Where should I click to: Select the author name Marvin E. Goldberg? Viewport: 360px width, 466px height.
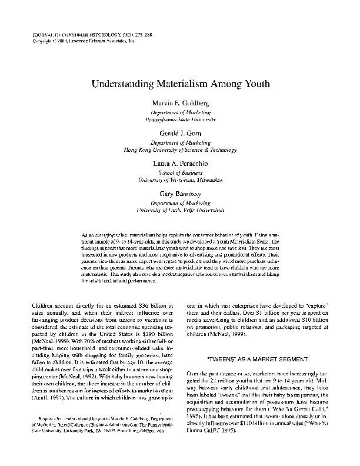[181, 104]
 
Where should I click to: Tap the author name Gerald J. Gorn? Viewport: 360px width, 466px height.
[181, 134]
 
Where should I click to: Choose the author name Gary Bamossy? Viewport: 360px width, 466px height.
[181, 193]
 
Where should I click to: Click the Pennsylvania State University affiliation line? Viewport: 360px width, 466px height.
[181, 118]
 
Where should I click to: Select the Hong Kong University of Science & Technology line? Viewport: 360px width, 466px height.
[181, 148]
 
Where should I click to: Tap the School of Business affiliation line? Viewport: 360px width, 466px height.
[181, 172]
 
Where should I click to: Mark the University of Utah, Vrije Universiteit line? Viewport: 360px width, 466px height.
[181, 208]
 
